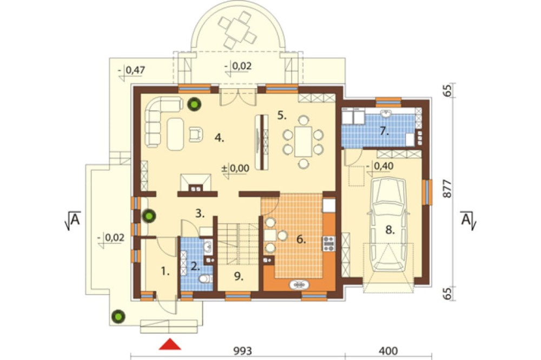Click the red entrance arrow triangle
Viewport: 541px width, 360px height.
click(170, 344)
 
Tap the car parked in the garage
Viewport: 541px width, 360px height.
click(388, 224)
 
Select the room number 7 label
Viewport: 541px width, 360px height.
click(384, 131)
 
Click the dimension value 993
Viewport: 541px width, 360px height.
click(242, 351)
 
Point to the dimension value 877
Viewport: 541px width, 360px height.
click(447, 189)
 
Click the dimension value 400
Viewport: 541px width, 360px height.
click(388, 351)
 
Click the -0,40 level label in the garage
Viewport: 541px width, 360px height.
click(380, 166)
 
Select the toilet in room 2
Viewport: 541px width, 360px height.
click(207, 278)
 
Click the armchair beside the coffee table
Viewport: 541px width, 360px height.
click(196, 134)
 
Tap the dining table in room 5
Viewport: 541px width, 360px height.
click(304, 142)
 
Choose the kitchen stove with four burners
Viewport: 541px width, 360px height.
click(328, 243)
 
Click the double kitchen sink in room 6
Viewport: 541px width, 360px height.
click(299, 285)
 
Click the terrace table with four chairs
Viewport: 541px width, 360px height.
click(237, 29)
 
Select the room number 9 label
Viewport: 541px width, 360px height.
click(239, 276)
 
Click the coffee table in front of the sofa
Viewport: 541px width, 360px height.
click(176, 134)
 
